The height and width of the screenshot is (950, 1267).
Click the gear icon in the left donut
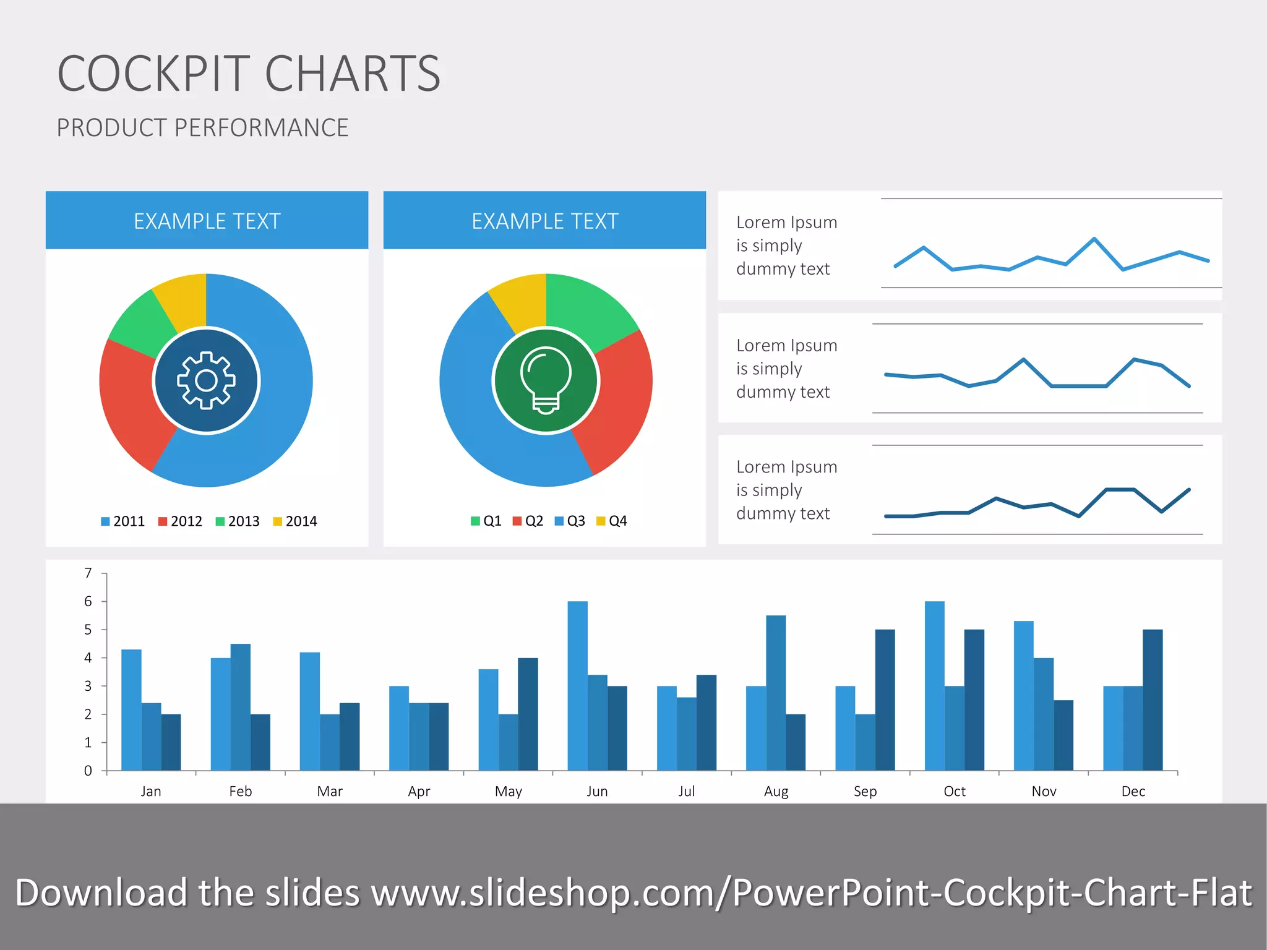[x=206, y=380]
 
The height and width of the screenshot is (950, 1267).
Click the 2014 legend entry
[x=295, y=521]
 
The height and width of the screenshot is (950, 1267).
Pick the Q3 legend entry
[x=570, y=521]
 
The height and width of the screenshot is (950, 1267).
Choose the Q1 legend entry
[x=486, y=521]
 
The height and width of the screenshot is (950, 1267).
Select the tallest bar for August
[x=776, y=693]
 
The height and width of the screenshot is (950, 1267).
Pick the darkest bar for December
[x=1153, y=700]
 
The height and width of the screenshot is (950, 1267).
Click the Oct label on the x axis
[x=955, y=791]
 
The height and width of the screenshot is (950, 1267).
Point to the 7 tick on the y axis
[x=88, y=573]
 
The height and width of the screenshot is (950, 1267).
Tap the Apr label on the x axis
[x=419, y=791]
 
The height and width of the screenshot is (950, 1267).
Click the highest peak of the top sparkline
[x=1094, y=239]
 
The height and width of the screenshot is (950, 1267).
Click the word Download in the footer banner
[x=101, y=892]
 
